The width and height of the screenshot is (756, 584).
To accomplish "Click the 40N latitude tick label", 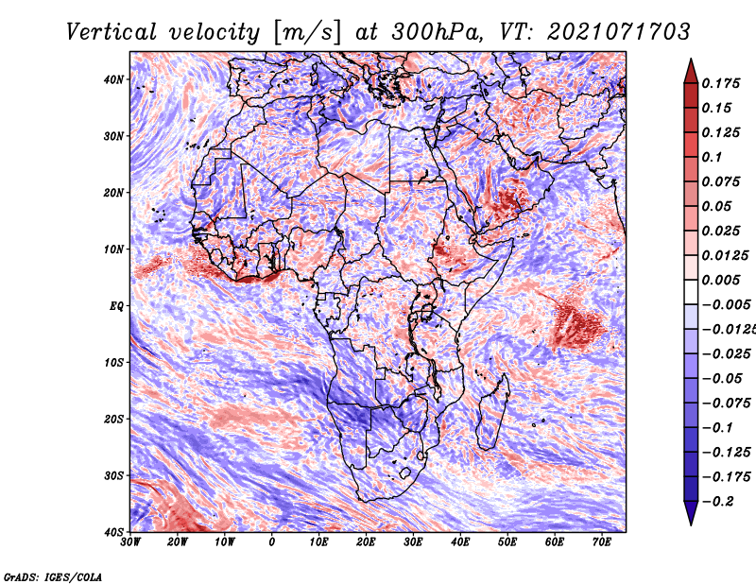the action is coord(113,79).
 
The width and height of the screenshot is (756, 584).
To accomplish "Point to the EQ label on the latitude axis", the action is coord(116,306).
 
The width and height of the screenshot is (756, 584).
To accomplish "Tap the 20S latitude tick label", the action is coord(113,419).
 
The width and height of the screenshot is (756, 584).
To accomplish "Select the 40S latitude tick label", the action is coord(113,532).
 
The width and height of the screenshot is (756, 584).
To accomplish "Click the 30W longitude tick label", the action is coord(130,542).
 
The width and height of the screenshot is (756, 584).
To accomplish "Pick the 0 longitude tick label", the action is coord(272,542).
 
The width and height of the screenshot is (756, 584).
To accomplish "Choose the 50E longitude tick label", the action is coord(507,542).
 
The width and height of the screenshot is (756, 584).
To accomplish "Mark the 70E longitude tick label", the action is coord(602,542).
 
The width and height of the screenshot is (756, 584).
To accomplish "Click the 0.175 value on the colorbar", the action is coord(721,83).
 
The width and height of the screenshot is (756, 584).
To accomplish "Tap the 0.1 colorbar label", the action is coord(713,157).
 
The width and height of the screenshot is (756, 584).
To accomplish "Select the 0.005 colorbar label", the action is coord(721,280).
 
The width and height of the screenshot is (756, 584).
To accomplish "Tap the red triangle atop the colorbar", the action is coord(691,72).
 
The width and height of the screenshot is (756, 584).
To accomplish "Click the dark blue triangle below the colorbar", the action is coord(691,513).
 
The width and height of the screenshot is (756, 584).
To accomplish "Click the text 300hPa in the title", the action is coord(437,32).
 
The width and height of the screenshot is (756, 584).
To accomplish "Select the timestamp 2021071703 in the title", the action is coord(619,32).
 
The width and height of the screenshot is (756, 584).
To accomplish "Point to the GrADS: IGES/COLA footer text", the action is coord(53,576).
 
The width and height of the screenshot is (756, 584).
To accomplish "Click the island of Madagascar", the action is coord(491,412).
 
